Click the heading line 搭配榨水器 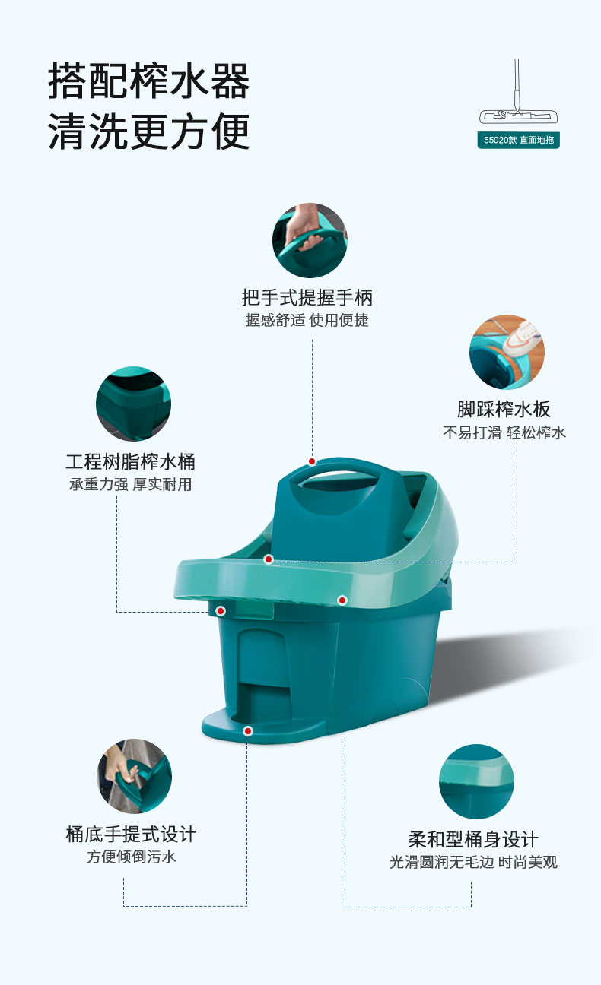click(x=149, y=81)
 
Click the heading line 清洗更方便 click(x=149, y=131)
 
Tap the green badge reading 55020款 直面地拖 click(x=518, y=141)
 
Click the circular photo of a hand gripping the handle click(x=310, y=240)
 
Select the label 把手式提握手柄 click(x=307, y=298)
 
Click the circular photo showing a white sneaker click(x=507, y=352)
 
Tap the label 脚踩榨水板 click(x=504, y=409)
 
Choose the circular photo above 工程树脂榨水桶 click(x=133, y=404)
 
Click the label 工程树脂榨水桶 click(x=130, y=462)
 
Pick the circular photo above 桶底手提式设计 click(x=135, y=776)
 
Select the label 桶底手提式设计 click(x=131, y=835)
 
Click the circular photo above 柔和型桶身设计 click(x=476, y=781)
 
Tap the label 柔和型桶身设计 click(x=473, y=839)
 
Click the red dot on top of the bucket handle click(x=312, y=461)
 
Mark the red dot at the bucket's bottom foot click(x=248, y=731)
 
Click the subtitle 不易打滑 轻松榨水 click(x=504, y=432)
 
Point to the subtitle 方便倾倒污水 click(x=131, y=857)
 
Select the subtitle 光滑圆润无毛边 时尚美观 click(x=473, y=862)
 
